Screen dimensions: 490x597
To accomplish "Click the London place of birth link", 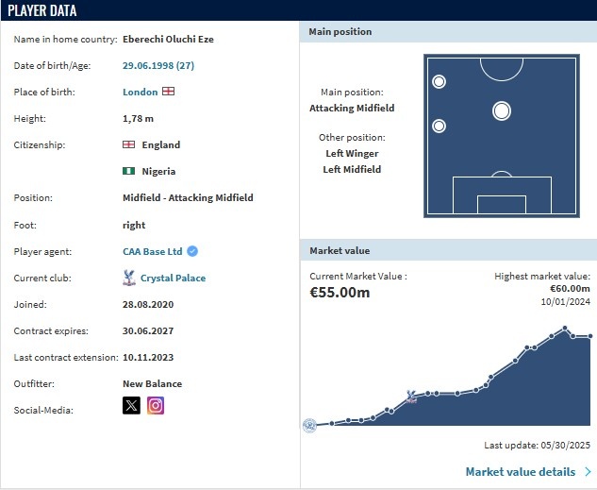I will [x=140, y=93].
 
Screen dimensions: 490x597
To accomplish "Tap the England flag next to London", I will [x=168, y=93].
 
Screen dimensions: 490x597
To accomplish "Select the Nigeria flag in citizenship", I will [x=129, y=172].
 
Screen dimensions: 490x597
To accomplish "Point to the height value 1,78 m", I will [x=138, y=119].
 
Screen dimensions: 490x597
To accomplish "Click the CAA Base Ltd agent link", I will [x=152, y=252].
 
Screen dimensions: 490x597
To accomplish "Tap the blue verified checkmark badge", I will [x=192, y=252].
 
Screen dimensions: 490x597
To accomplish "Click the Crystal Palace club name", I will [x=173, y=279].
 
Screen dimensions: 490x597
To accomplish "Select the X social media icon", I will [x=132, y=406].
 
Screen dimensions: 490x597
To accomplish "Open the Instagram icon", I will [x=156, y=406].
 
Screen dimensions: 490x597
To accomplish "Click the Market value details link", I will [x=521, y=472].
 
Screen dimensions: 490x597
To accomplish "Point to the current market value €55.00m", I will [x=340, y=293].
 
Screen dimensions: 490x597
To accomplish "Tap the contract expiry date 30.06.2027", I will [x=148, y=331].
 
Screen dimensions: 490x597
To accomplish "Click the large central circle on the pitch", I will [x=502, y=111].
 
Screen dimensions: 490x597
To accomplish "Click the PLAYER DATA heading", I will [x=42, y=11].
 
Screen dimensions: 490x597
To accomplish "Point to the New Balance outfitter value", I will [x=152, y=384].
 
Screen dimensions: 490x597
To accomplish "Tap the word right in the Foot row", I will [x=134, y=226].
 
